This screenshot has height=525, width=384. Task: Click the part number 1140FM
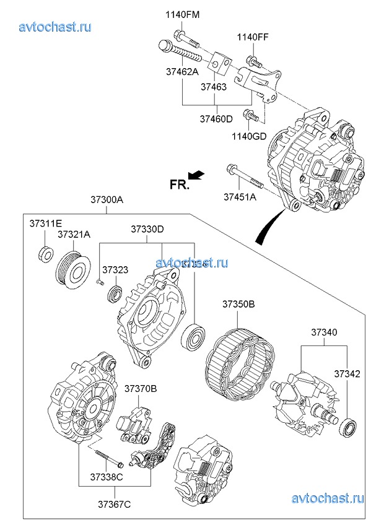point(182,14)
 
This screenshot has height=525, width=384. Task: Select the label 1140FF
point(253,37)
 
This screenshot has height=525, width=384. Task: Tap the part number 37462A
point(182,71)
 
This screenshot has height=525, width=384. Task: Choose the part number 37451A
point(240,197)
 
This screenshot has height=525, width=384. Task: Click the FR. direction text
point(179,184)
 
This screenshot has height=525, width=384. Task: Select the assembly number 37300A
point(107,200)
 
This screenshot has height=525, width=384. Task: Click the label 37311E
point(46,223)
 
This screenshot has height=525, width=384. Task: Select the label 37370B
point(141,389)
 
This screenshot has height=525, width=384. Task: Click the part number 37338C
point(107,477)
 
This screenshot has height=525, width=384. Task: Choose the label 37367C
point(115,505)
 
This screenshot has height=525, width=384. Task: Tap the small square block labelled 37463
point(219,64)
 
